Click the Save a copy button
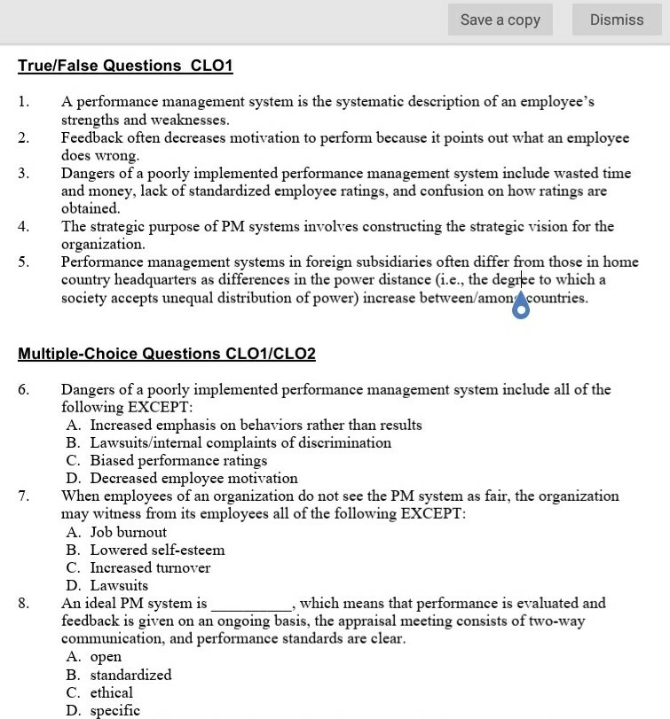click(x=501, y=20)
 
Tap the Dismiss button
click(x=617, y=20)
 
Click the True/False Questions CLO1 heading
click(x=125, y=66)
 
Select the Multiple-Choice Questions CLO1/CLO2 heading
click(x=167, y=354)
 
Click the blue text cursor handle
click(x=521, y=307)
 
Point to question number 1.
click(x=23, y=102)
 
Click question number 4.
click(x=23, y=226)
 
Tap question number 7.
click(x=23, y=496)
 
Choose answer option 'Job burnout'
click(x=128, y=532)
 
